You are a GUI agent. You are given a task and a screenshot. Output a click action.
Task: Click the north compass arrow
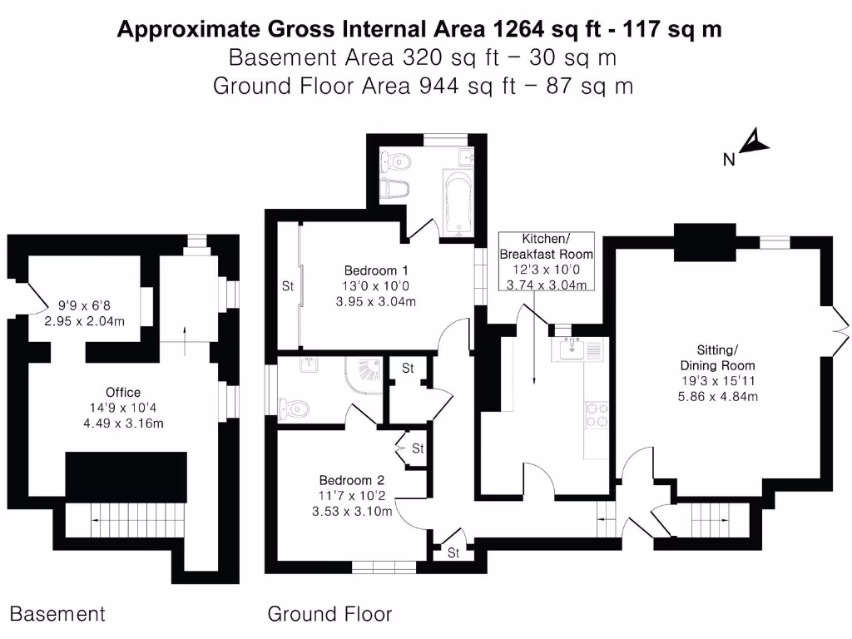tap(754, 143)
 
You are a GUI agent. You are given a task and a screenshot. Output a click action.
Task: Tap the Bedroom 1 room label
tap(376, 270)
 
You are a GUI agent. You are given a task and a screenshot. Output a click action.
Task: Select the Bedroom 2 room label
tap(351, 480)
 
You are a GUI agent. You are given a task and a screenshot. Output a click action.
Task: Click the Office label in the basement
tap(123, 392)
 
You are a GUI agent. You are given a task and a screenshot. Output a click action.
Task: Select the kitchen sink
tap(575, 349)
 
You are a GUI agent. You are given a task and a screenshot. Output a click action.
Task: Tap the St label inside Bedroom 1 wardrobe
tap(288, 286)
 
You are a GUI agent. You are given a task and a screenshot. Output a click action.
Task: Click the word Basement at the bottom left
tap(57, 615)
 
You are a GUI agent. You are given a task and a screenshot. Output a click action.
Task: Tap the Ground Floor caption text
tap(329, 615)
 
